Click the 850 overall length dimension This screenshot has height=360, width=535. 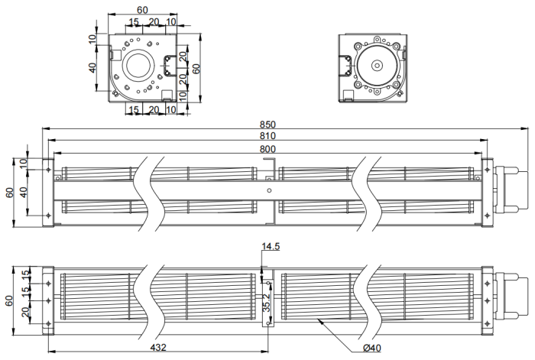(267, 125)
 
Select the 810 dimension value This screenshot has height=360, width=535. (267, 136)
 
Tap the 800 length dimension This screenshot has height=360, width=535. (267, 148)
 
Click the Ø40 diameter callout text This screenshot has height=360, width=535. (372, 349)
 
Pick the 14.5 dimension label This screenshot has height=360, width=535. (271, 247)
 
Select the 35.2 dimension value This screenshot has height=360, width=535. (266, 304)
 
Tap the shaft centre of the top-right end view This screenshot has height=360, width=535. (376, 66)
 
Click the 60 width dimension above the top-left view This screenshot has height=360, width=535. (142, 9)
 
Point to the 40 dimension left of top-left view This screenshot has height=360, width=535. (93, 68)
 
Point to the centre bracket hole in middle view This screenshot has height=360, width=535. (268, 189)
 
